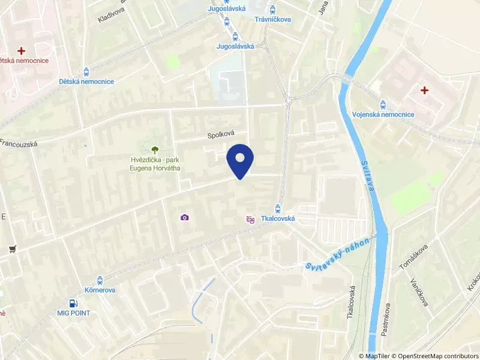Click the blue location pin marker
click(x=240, y=160)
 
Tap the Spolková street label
click(x=220, y=134)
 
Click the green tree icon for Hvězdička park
click(x=155, y=149)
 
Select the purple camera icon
click(x=185, y=217)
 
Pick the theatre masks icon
click(x=250, y=220)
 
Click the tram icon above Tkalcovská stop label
click(x=277, y=209)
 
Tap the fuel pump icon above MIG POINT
click(x=73, y=304)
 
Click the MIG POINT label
click(x=74, y=313)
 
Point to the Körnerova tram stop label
click(x=100, y=290)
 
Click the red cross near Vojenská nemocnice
click(x=425, y=91)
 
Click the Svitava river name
click(x=368, y=176)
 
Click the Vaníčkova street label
click(x=419, y=292)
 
